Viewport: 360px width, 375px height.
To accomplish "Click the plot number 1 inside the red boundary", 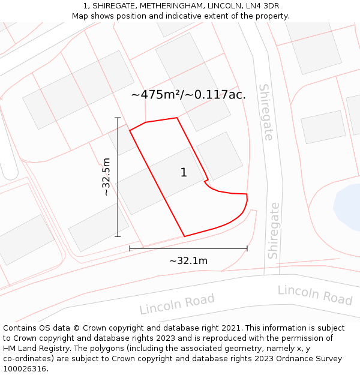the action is [x=184, y=173].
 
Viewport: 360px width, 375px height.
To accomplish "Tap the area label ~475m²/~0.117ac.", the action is [x=188, y=94].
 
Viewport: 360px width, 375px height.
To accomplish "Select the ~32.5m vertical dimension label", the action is [x=106, y=177].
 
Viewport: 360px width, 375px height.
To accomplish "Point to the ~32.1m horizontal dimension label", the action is [x=188, y=261].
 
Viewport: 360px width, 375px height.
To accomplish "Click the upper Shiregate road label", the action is [x=266, y=112].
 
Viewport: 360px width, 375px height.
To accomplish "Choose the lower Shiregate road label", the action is [x=274, y=230].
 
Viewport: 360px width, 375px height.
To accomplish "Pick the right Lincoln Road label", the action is [x=314, y=295].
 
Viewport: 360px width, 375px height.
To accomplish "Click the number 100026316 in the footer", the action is [x=25, y=369].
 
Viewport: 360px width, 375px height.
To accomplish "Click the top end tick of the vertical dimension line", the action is [x=118, y=118].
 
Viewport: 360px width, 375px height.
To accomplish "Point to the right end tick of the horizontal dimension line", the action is [x=247, y=248].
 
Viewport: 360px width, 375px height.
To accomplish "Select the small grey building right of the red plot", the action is [x=220, y=155].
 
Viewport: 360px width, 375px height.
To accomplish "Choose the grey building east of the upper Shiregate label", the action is [x=323, y=127].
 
